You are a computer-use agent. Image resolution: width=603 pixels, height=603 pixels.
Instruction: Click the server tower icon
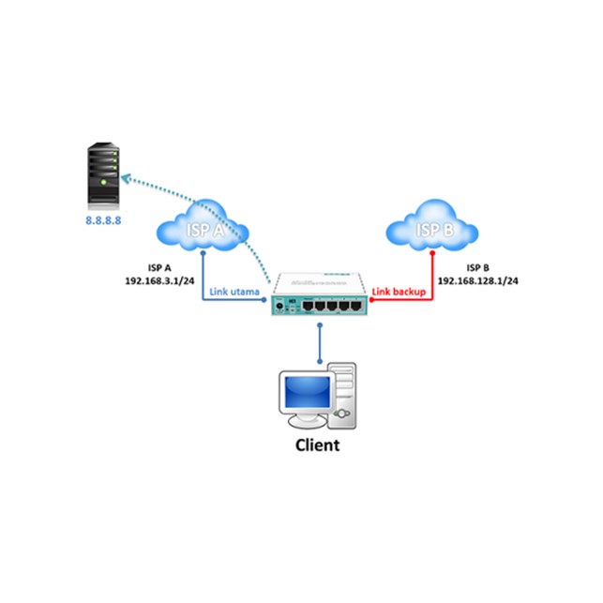tap(104, 174)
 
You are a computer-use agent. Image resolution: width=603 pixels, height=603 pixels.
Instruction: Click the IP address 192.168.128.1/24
tap(480, 280)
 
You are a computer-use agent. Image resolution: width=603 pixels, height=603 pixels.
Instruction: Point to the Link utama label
tap(235, 293)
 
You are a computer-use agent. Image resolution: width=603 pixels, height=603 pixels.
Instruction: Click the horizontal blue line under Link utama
tap(234, 301)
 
